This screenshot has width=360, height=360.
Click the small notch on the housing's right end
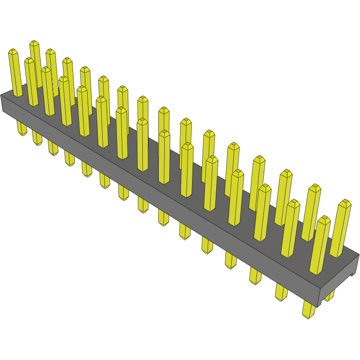tap(352, 274)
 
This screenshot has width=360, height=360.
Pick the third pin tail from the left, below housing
tap(53, 147)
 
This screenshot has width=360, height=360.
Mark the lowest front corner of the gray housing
tap(317, 307)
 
